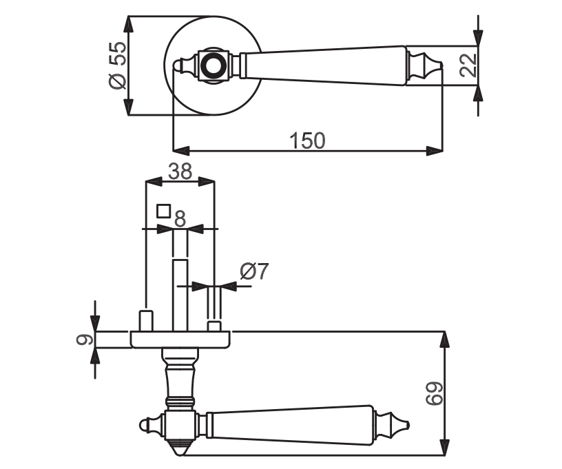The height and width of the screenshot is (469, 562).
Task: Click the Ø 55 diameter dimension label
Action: [118, 65]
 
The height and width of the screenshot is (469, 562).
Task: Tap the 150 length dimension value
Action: [308, 140]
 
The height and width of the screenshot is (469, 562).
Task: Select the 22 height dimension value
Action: [468, 65]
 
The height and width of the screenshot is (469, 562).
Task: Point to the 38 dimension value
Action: [180, 171]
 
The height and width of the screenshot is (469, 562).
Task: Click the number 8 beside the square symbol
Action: [180, 218]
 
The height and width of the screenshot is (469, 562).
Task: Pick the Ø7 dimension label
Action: [254, 271]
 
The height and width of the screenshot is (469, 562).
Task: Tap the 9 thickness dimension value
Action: [85, 340]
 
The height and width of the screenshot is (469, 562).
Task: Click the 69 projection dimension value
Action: [434, 393]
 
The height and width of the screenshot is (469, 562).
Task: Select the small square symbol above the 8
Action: [163, 211]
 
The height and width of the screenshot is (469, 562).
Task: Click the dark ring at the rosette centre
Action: [213, 65]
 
